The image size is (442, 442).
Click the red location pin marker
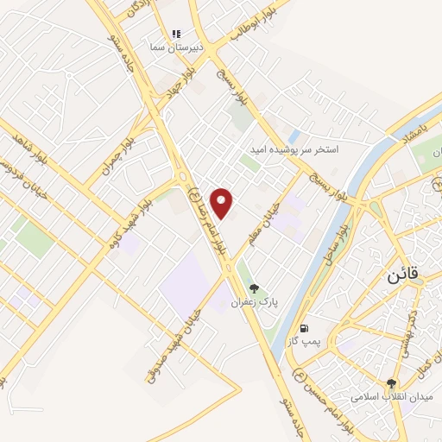click(223, 202)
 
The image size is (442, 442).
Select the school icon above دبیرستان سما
click(176, 34)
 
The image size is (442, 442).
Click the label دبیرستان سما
click(176, 49)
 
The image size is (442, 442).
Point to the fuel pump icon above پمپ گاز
click(305, 328)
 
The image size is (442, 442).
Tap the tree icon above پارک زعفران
click(253, 288)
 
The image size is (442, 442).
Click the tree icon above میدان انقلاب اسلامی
click(392, 383)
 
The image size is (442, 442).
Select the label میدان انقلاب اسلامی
click(388, 398)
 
